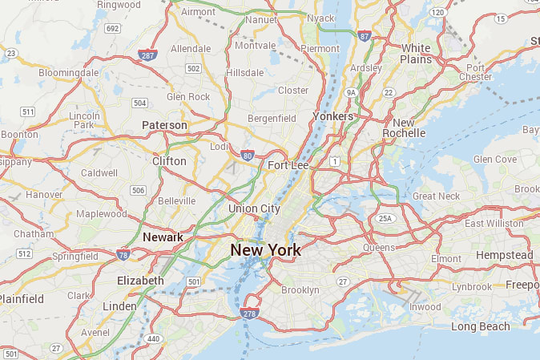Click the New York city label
point(265,250)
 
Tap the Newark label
point(163,237)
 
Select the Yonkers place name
point(332,116)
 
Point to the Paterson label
point(164,125)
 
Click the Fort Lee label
point(288,165)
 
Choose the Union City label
point(254,208)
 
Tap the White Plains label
point(416,54)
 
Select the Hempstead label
point(504,255)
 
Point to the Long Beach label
point(480,326)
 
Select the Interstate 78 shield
point(123,255)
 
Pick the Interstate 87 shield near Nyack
point(365,36)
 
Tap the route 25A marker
point(386,218)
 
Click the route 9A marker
point(350,93)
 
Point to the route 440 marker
point(154,339)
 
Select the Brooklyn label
point(300,289)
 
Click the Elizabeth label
point(140,281)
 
